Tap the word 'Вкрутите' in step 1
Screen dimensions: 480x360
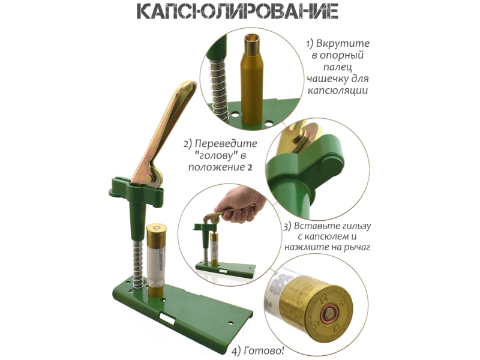click(x=342, y=43)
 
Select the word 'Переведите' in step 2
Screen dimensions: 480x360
click(x=226, y=143)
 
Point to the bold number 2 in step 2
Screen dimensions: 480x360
click(x=250, y=167)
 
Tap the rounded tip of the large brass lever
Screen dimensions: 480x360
click(x=189, y=86)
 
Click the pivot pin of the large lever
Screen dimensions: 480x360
click(x=148, y=179)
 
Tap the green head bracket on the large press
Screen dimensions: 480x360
click(x=136, y=190)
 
